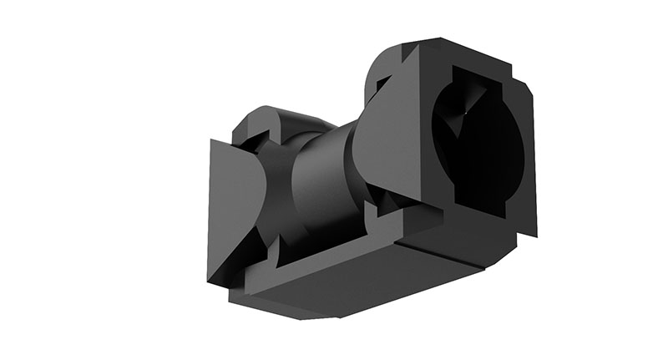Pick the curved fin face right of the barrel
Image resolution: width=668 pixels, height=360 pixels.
tap(392, 142)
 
